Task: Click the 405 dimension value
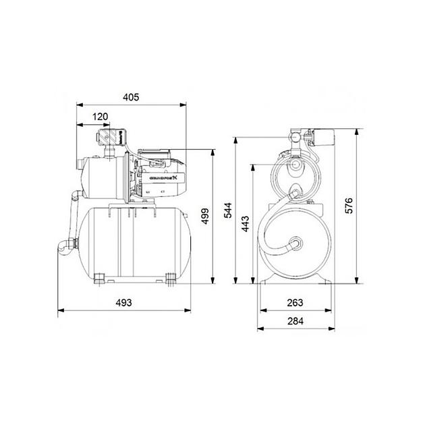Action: pos(131,97)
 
